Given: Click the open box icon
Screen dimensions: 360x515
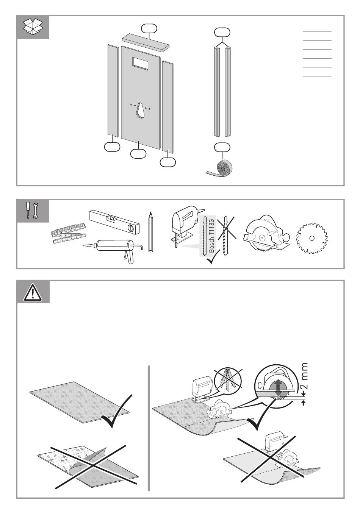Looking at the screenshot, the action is click(33, 27).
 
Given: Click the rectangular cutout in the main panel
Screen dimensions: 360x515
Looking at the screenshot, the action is click(140, 63).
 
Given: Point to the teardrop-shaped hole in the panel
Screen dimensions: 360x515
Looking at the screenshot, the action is click(140, 111).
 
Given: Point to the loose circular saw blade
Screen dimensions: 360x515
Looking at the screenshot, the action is click(311, 238).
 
